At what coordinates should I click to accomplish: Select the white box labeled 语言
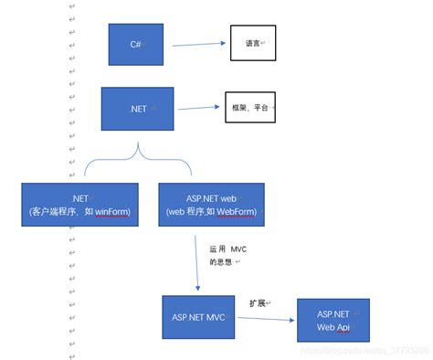(252, 43)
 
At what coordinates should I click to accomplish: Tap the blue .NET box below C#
(137, 110)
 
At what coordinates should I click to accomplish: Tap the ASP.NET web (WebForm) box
(211, 206)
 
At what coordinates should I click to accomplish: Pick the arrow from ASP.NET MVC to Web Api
(264, 319)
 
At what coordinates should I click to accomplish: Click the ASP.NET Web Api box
(333, 321)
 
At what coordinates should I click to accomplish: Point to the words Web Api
(333, 327)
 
